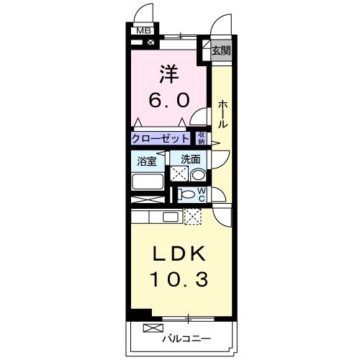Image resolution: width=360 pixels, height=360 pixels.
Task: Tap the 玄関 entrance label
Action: (x=221, y=50)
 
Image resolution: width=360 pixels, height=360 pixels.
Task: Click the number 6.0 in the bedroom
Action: (x=170, y=100)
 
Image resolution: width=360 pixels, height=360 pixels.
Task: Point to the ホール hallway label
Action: (x=222, y=114)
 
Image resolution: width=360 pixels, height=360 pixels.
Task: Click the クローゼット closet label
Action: (x=161, y=138)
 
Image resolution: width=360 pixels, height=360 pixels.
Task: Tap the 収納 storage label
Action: (x=202, y=138)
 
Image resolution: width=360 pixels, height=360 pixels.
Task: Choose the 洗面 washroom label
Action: (x=190, y=159)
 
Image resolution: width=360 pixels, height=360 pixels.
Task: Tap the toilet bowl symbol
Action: (x=186, y=194)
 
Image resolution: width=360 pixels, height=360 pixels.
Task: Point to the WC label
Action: (x=202, y=194)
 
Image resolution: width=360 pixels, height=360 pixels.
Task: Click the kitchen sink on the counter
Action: (x=171, y=216)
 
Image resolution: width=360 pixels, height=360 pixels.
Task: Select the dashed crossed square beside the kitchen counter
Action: (x=193, y=215)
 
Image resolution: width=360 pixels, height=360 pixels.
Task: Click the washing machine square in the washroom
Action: (x=179, y=174)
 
